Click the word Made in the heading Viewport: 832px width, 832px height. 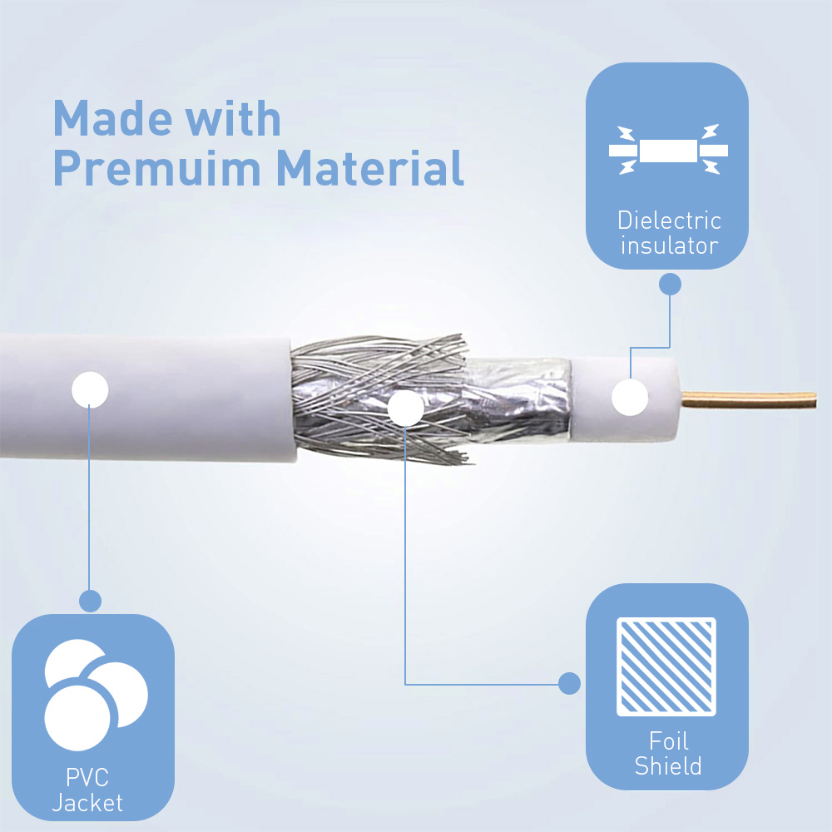(112, 118)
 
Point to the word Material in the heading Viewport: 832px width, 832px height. (370, 168)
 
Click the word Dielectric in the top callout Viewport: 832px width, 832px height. (669, 220)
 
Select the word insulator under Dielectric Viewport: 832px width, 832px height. (669, 245)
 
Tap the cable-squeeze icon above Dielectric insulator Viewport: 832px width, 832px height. (668, 150)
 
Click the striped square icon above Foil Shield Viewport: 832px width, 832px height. (666, 666)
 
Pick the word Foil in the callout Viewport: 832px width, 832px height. (669, 740)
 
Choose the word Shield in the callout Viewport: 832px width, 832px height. (668, 765)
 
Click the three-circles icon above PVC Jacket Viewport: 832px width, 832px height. (96, 695)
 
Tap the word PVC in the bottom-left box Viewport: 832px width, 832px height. (87, 777)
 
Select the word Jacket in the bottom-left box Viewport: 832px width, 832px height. (87, 802)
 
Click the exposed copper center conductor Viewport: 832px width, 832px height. (748, 399)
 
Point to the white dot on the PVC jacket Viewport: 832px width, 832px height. (90, 390)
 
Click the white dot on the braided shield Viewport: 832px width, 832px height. (405, 408)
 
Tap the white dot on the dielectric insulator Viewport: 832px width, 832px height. (630, 398)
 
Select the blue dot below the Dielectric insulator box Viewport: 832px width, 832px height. (670, 285)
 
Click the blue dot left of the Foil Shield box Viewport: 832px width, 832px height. (569, 683)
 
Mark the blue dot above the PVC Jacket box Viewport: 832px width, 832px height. (90, 602)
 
